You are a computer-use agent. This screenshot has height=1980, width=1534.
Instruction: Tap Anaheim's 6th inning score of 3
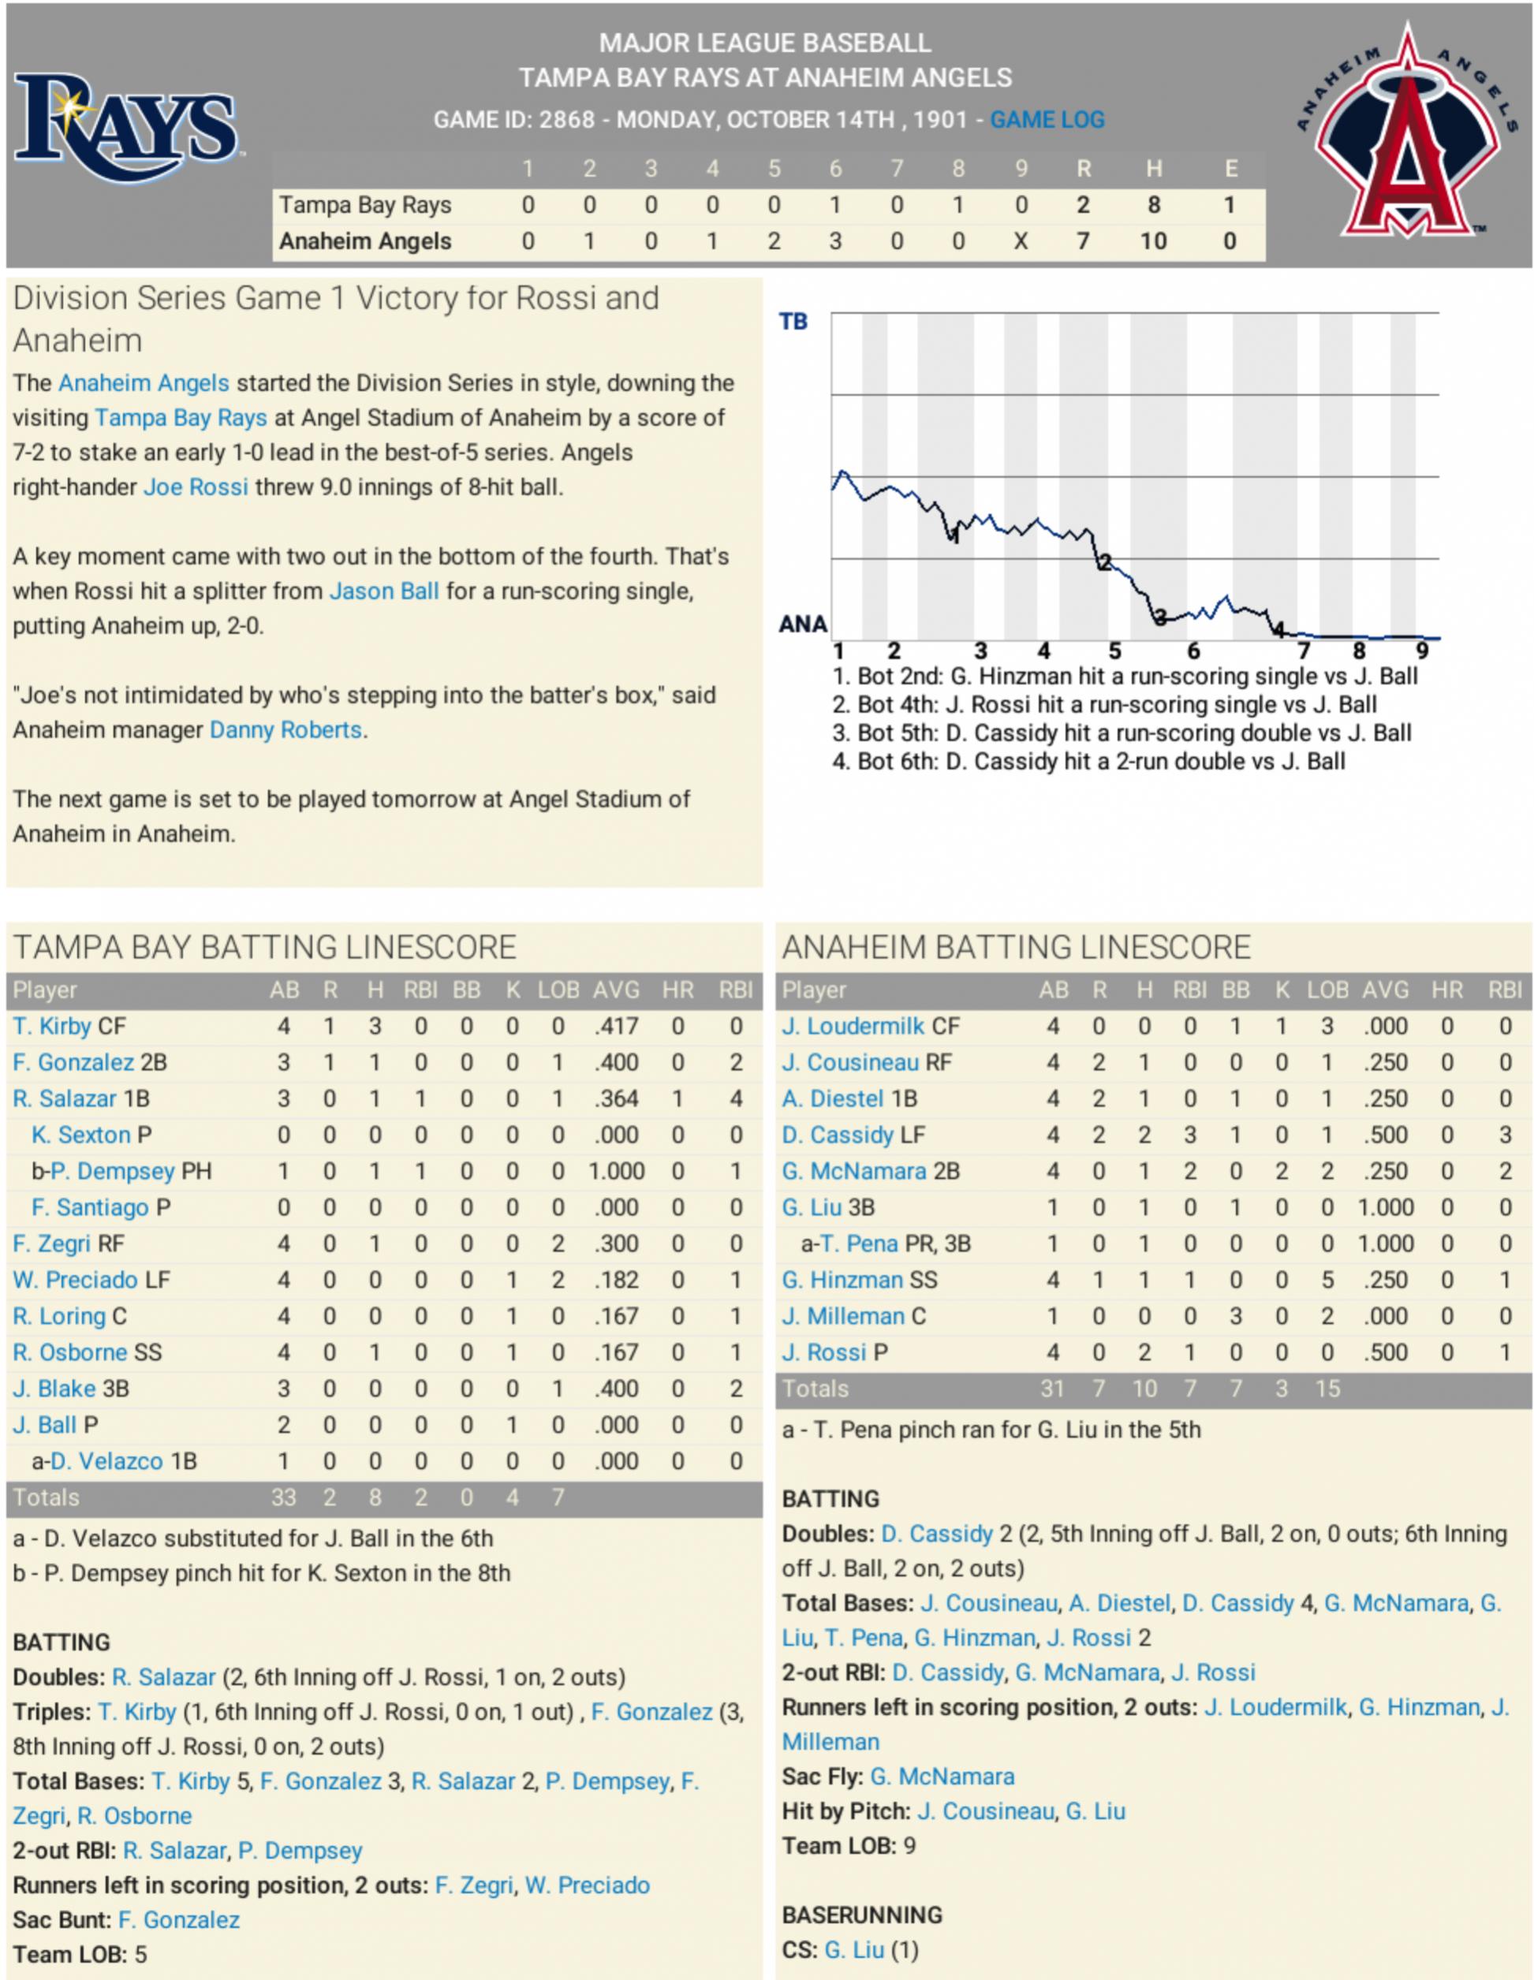[835, 241]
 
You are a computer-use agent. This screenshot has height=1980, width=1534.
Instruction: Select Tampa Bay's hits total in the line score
[1153, 205]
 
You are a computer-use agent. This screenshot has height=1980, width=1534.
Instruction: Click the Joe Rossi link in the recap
[196, 487]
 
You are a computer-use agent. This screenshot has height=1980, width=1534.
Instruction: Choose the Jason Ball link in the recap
[383, 591]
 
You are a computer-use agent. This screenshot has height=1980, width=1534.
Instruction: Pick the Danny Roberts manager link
[286, 730]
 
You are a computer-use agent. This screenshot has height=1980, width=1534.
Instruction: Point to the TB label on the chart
[793, 322]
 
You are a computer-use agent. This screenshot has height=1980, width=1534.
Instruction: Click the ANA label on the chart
[802, 624]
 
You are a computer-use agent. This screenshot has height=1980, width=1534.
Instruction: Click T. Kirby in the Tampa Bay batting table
[52, 1026]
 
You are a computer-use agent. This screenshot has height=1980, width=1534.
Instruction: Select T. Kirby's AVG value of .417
[616, 1026]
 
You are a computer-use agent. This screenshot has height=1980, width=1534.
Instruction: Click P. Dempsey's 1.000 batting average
[616, 1171]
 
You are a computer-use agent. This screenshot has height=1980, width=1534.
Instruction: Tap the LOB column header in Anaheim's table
[1327, 990]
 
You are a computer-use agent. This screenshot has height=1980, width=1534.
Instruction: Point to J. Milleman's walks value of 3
[1235, 1316]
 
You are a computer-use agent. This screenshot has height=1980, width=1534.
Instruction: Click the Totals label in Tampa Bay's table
[47, 1497]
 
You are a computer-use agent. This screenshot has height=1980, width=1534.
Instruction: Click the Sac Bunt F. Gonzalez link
[192, 1919]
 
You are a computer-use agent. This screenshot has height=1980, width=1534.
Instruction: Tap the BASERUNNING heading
[862, 1915]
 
